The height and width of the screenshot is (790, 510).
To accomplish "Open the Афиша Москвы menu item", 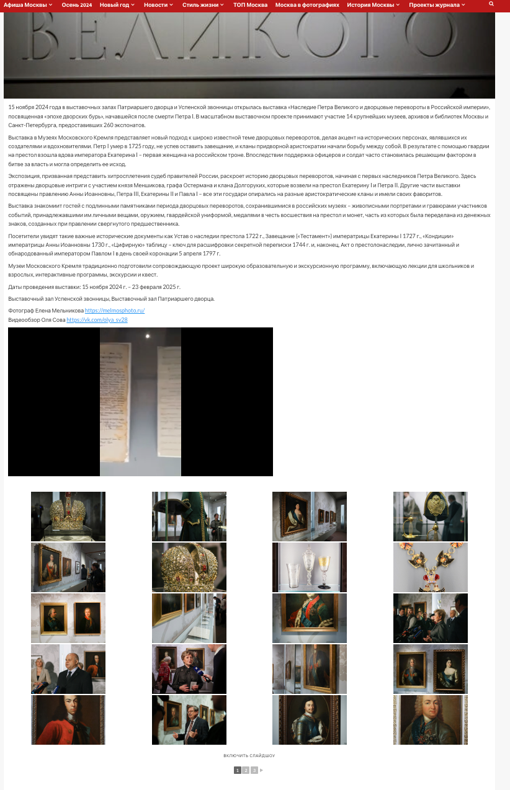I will point(25,5).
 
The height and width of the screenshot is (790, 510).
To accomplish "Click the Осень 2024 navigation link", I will point(76,5).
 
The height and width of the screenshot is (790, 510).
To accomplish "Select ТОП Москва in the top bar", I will point(250,5).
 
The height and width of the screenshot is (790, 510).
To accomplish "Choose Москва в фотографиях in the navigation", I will point(307,5).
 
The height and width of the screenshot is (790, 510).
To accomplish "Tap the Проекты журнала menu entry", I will point(436,5).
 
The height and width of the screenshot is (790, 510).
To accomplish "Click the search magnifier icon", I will point(491,4).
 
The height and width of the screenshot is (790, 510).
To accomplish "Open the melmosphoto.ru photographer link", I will point(115,310).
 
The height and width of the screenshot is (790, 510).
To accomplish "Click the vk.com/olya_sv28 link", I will point(97,320).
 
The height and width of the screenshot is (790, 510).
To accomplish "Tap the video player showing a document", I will point(140,402).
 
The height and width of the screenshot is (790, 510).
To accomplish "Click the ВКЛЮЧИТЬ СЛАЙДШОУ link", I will point(249,756).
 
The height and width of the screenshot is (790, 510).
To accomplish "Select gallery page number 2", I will point(246,770).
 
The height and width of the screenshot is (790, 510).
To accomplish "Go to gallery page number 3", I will point(254,770).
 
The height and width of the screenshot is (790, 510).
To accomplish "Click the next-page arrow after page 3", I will point(262,770).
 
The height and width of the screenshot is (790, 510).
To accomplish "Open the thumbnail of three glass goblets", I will point(310,567).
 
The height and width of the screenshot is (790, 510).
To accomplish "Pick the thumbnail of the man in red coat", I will point(68,720).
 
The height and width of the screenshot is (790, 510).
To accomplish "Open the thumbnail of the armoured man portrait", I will point(310,720).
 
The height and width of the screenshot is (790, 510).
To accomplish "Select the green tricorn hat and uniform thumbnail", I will point(189,517).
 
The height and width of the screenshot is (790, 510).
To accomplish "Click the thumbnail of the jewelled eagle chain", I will point(431,567).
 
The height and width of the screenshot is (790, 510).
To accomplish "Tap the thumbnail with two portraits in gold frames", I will point(68,618).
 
